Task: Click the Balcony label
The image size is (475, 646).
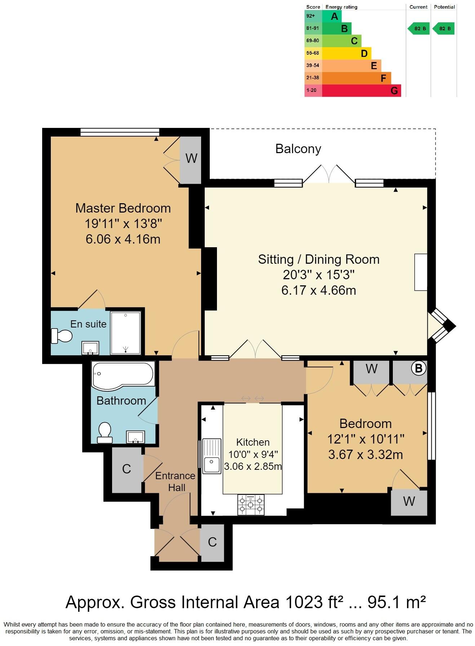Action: point(298,149)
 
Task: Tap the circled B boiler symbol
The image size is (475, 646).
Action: point(418,368)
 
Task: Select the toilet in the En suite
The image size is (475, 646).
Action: point(62,336)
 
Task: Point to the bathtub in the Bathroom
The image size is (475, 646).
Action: point(123,375)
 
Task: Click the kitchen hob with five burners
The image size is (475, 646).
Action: point(251,504)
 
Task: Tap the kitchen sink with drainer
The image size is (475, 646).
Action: point(212,456)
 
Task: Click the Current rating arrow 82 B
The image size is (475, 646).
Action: point(419,28)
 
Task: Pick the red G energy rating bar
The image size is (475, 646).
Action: point(361,90)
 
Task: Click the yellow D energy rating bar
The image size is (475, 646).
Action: point(346,53)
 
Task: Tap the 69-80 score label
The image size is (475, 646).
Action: point(312,41)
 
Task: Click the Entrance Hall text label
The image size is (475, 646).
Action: point(176,482)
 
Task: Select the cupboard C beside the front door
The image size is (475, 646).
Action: point(212,542)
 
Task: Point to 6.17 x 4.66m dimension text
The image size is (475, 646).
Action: point(319,290)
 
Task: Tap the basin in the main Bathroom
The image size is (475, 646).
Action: point(136,437)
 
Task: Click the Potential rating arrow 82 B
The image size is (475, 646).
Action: point(444,28)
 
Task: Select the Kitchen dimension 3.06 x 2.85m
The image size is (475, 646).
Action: point(253,466)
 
